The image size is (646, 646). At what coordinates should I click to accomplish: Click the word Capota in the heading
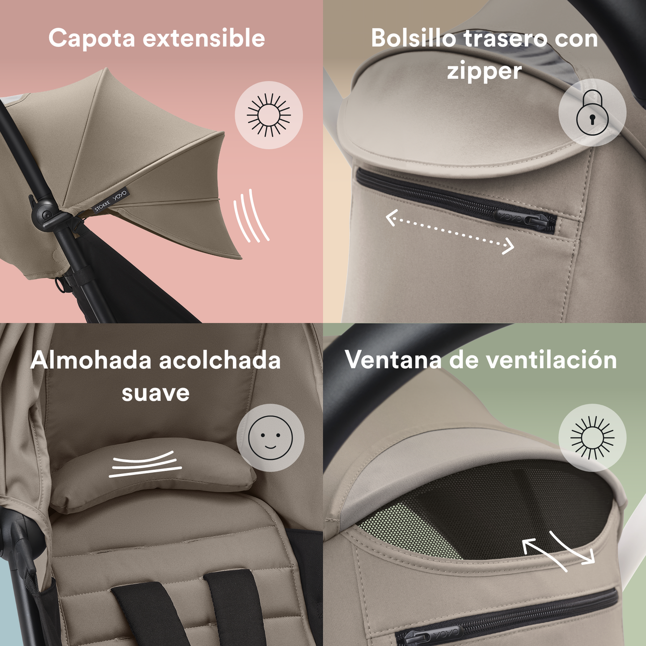click(x=92, y=38)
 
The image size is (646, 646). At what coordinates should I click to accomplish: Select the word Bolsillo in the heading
click(x=414, y=38)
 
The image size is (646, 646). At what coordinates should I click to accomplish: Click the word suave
click(x=156, y=393)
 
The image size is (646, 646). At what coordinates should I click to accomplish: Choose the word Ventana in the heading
click(x=393, y=360)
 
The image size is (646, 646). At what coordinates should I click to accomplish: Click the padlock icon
click(x=592, y=112)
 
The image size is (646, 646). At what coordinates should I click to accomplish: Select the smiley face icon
click(x=270, y=437)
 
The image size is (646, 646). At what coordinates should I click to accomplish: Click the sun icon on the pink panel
click(x=269, y=115)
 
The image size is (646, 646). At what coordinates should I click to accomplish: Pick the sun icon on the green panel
click(x=592, y=438)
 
